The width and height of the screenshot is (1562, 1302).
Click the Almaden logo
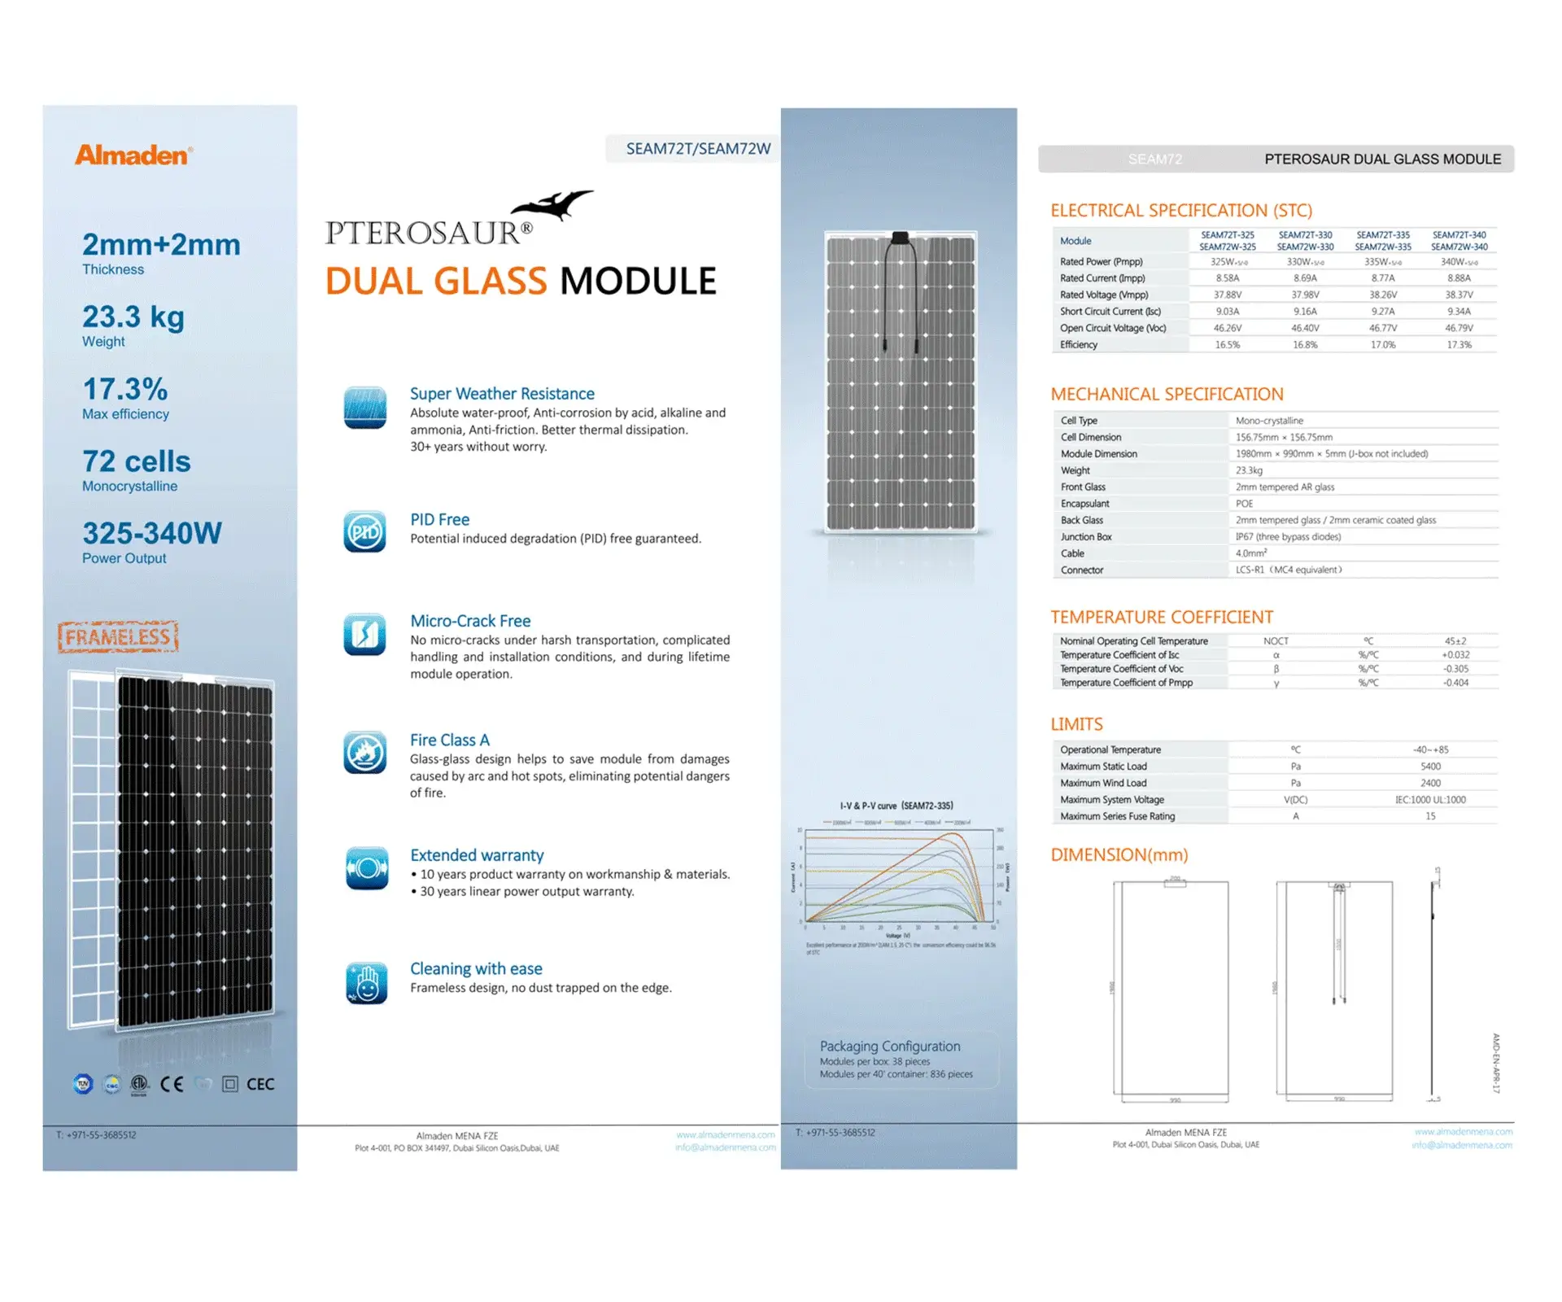coord(133,155)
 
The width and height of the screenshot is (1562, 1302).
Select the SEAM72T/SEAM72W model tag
coord(697,149)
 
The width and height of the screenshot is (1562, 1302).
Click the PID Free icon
coord(364,532)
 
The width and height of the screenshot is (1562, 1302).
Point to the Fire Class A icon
coord(364,753)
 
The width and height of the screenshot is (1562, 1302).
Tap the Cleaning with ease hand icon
coord(366,982)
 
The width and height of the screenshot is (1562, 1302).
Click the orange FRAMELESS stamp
coord(118,636)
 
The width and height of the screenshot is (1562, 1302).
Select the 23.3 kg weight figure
coord(133,317)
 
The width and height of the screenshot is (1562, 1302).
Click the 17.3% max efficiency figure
coord(125,389)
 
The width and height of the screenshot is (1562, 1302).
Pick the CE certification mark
coord(172,1084)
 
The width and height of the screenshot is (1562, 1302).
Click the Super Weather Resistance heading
coord(502,394)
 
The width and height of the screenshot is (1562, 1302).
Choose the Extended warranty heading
coord(477,855)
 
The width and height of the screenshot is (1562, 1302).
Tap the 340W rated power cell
coord(1458,262)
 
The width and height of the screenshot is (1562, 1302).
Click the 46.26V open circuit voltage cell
coord(1227,328)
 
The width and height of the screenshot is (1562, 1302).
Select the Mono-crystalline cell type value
coord(1269,421)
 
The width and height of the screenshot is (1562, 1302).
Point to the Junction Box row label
coord(1085,537)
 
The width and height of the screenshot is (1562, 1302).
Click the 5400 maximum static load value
coord(1430,767)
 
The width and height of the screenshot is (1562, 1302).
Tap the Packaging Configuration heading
coord(889,1046)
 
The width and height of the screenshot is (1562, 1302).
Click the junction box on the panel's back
coord(900,238)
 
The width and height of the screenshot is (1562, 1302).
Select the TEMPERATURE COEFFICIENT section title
coord(1161,617)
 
